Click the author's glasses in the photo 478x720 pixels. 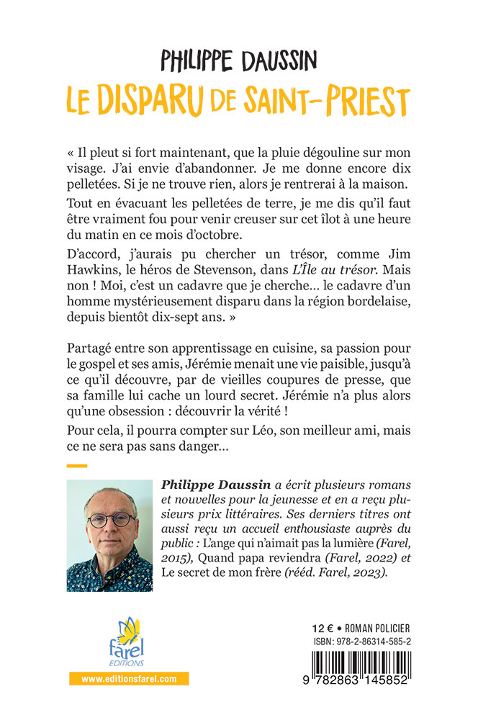point(107,519)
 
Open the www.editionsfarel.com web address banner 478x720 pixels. point(129,678)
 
